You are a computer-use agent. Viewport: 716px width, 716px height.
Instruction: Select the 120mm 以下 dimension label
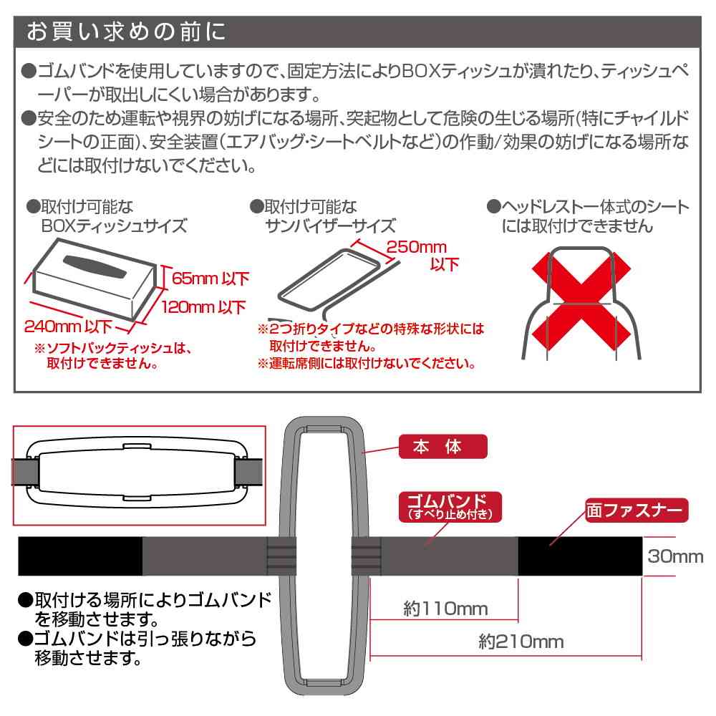click(203, 308)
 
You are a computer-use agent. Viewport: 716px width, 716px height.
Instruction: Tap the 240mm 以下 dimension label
click(69, 328)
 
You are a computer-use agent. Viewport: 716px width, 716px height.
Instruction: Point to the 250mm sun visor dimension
click(415, 248)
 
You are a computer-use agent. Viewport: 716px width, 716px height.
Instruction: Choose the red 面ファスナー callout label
click(636, 511)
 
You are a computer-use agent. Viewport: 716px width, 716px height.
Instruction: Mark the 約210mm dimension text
click(521, 642)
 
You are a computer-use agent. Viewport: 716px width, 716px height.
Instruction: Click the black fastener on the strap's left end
click(79, 556)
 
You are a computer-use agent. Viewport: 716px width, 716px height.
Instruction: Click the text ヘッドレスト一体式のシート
click(587, 208)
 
